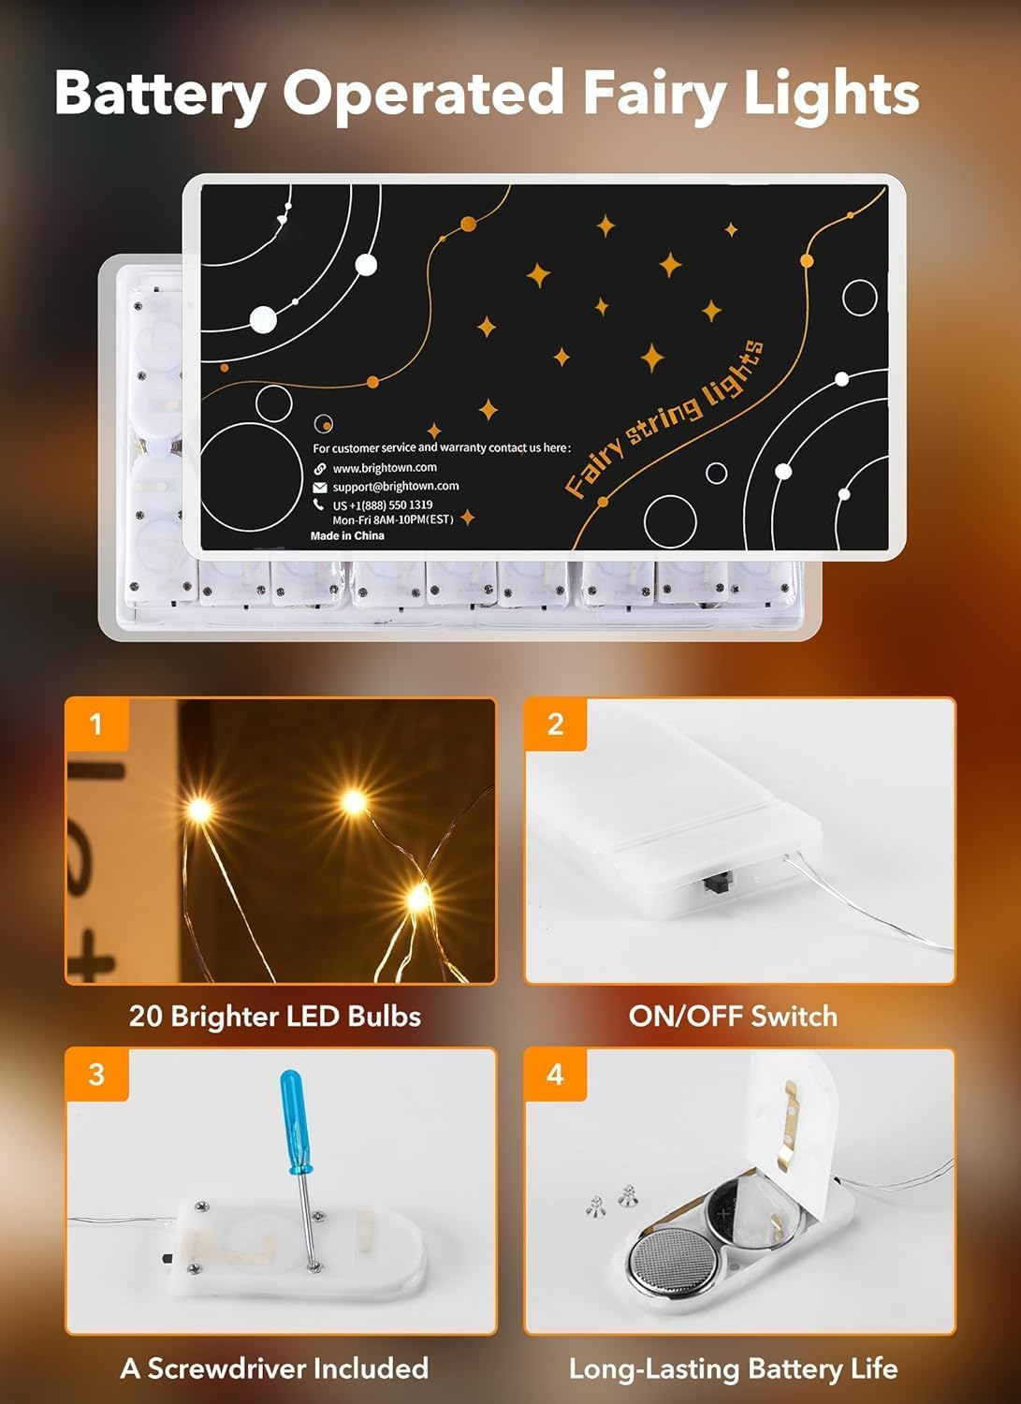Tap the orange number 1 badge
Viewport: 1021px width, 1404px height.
pos(95,724)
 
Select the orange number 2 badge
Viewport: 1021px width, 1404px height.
pos(555,724)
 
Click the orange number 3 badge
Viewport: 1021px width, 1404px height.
pos(95,1074)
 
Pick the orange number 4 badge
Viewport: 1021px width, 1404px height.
pos(555,1074)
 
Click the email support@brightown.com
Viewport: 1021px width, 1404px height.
pos(395,487)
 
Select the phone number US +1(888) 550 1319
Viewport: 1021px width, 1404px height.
pos(382,505)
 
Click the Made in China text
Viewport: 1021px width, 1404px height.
pos(347,536)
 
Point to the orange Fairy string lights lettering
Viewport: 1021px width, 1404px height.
pos(664,417)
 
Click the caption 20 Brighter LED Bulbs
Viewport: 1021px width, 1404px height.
pos(275,1016)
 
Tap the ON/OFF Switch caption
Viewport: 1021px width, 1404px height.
pos(733,1016)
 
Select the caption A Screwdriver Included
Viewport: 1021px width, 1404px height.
pos(274,1368)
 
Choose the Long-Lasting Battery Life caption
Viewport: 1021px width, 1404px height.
pos(733,1369)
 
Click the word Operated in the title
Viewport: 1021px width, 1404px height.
pos(423,94)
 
